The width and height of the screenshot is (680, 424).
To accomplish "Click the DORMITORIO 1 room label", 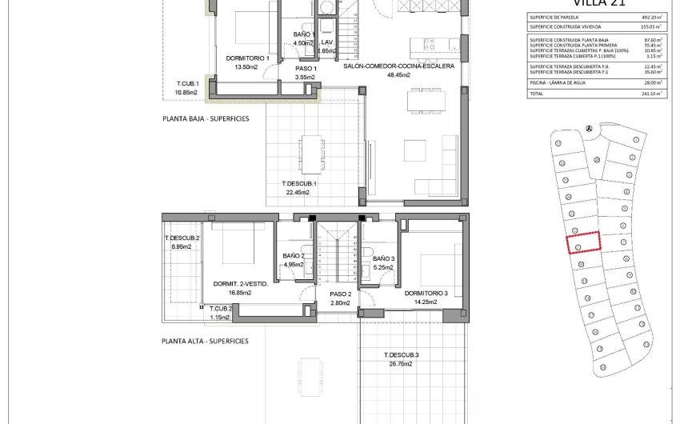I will [246, 58].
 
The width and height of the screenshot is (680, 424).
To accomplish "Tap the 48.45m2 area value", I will [398, 74].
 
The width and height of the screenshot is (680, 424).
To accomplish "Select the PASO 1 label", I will [306, 69].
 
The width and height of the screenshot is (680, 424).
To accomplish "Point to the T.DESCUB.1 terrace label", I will [299, 183].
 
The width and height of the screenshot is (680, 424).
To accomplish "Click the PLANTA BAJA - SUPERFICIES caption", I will [205, 118].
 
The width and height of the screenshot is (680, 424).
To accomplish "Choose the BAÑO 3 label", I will [383, 258].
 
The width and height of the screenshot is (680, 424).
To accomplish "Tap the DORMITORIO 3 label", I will [420, 293].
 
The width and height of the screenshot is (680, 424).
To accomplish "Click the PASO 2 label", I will [341, 294].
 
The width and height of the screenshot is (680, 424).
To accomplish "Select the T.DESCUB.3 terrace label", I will [401, 355].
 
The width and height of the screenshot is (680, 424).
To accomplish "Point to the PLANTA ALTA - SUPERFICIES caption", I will [205, 341].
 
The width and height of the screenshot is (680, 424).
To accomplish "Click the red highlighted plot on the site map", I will [584, 242].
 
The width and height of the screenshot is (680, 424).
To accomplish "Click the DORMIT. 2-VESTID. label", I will [241, 283].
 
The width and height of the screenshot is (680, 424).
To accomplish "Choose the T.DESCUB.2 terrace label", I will [182, 238].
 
